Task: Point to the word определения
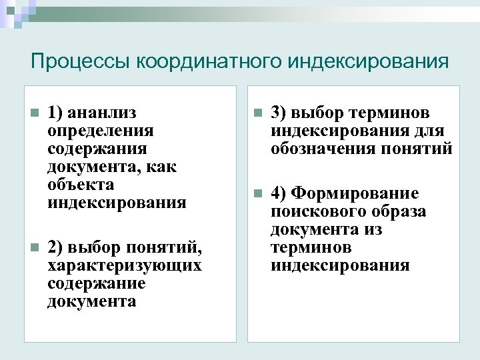click(x=100, y=131)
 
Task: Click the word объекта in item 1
click(x=81, y=185)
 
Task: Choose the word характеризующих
click(x=124, y=266)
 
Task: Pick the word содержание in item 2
click(x=97, y=284)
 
